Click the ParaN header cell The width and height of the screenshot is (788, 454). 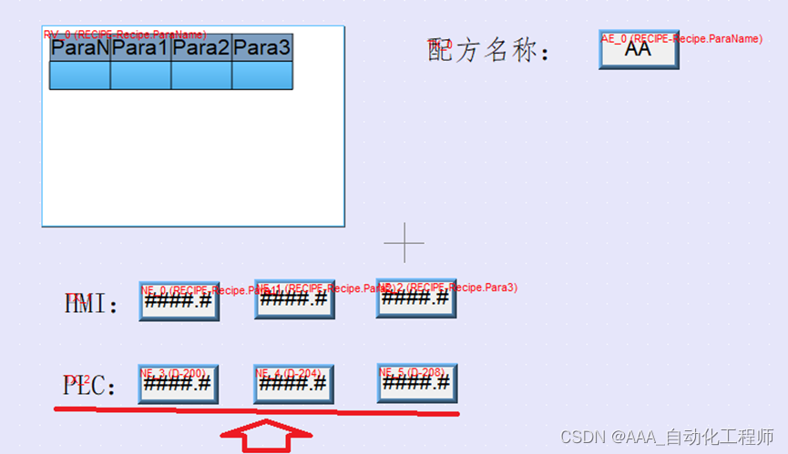tap(80, 47)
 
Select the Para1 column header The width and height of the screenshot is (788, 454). tap(141, 47)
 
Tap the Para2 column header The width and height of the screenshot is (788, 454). tap(201, 47)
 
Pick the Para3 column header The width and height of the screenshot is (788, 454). tap(262, 47)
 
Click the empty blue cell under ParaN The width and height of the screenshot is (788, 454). tap(80, 76)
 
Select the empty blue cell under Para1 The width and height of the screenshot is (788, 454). tap(141, 76)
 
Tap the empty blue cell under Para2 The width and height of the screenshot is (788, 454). tap(201, 76)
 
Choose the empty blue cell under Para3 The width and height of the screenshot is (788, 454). tap(262, 76)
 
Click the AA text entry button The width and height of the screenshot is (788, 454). tap(639, 50)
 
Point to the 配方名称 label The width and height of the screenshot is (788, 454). tap(488, 51)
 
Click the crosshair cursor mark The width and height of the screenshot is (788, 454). tap(404, 243)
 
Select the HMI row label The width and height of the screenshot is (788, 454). tap(92, 304)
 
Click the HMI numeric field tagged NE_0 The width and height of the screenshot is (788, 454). tap(179, 301)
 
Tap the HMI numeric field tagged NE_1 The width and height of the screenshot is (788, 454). tap(294, 299)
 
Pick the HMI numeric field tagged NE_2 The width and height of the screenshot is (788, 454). tap(416, 298)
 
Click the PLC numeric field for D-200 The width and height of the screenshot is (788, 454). tap(179, 384)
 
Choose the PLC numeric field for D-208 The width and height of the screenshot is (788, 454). tap(417, 383)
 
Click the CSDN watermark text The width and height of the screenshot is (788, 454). tap(667, 437)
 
